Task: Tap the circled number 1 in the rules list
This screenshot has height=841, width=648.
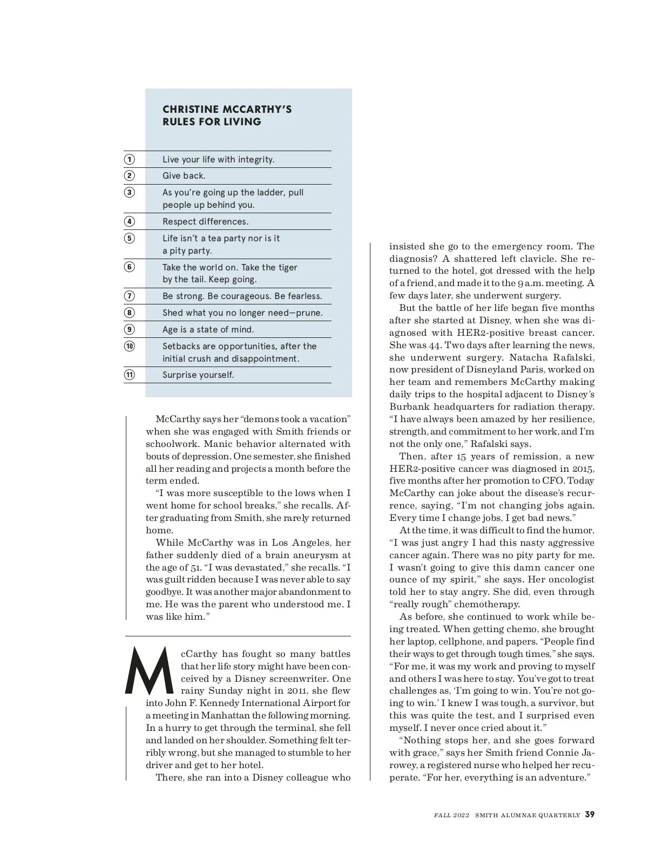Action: tap(130, 159)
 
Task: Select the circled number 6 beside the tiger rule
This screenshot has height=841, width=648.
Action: tap(130, 267)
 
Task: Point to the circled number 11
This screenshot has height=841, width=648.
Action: tap(130, 375)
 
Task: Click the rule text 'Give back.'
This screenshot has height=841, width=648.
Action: tap(184, 176)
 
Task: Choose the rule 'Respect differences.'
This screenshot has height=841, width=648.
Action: tap(205, 221)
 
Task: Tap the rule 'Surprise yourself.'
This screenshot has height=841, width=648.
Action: tap(198, 375)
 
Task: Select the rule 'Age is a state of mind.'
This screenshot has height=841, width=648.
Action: tap(208, 329)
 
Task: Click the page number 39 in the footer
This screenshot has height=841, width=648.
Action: tap(590, 815)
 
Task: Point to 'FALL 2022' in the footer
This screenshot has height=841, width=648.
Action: tap(452, 815)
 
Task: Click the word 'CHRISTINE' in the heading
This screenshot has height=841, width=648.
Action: tap(190, 110)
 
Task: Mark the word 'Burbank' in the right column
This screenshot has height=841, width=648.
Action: tap(409, 406)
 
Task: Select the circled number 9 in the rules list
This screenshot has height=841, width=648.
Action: tap(130, 329)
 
